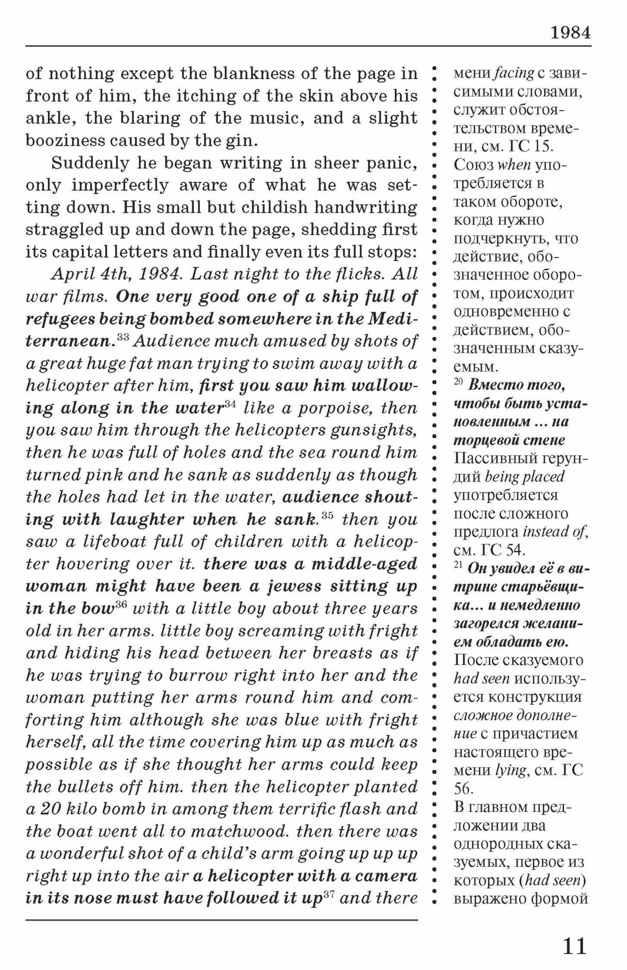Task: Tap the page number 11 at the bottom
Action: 574,946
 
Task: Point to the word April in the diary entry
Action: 71,275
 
